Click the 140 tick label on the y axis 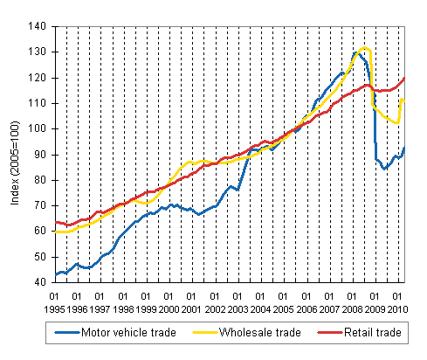(39, 26)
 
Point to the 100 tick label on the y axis (39, 128)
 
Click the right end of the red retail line (404, 79)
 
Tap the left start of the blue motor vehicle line (54, 274)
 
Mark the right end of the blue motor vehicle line (404, 148)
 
